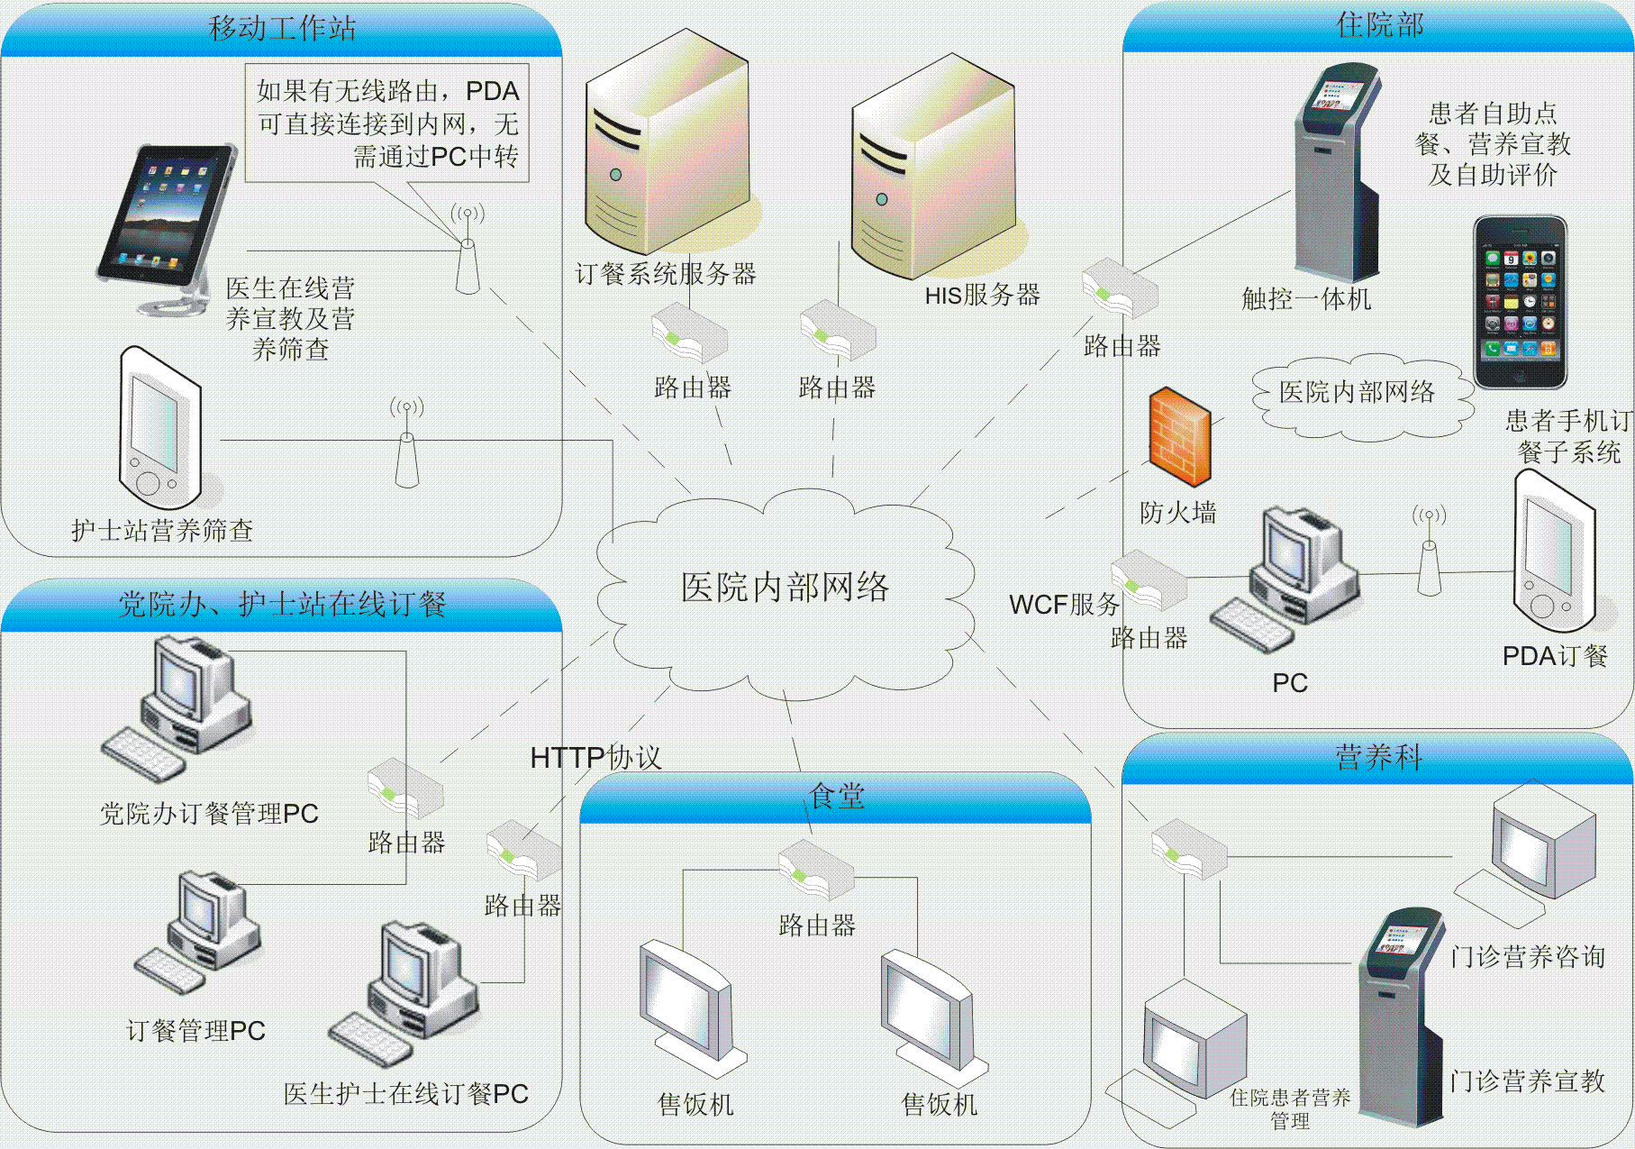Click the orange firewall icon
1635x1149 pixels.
(1179, 437)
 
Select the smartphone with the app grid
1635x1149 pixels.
(1520, 302)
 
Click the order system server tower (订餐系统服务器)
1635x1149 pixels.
(667, 144)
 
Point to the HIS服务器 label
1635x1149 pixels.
(982, 295)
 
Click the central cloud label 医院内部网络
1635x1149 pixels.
(785, 588)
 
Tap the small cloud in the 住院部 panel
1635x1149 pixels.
(1357, 394)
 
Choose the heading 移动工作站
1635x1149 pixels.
(282, 28)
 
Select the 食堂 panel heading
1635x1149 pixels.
(837, 797)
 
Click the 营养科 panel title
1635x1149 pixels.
(1378, 757)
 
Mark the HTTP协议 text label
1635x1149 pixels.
(595, 758)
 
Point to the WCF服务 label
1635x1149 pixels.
(1064, 605)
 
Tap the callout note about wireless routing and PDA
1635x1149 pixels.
(387, 123)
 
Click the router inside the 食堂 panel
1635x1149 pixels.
(816, 869)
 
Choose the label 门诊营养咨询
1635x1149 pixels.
(1528, 956)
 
